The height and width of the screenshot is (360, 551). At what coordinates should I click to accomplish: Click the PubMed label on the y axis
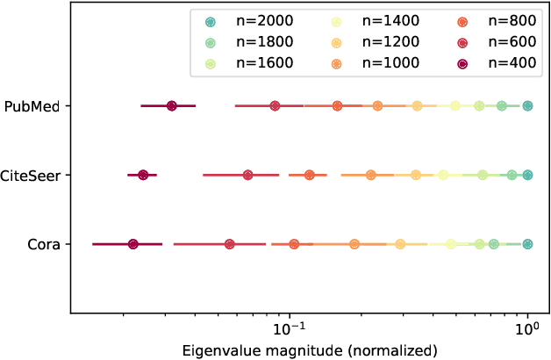32,106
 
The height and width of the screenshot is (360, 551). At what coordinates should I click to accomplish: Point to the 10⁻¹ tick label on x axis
289,330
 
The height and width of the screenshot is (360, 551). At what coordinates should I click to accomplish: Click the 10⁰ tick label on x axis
527,330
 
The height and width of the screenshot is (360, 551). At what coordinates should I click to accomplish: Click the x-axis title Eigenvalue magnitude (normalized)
310,350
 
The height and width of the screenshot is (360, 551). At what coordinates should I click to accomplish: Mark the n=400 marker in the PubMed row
171,106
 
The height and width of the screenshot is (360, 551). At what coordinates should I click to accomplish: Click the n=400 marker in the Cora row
132,244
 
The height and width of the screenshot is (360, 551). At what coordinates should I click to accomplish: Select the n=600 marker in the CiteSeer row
247,176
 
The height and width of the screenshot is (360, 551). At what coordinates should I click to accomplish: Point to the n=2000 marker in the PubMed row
527,106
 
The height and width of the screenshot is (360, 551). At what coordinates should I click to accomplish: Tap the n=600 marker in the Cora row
229,244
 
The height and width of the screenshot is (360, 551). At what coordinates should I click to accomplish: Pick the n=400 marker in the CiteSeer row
143,176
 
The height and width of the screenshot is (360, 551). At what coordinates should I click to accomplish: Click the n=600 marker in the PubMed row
275,106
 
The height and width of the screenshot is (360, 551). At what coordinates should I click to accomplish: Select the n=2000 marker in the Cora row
527,244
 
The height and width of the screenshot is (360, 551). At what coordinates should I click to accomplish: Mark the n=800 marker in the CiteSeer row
309,176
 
